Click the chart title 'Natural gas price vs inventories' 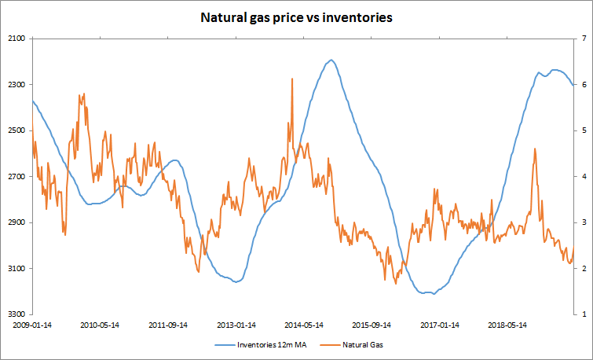pos(296,17)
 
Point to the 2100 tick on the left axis pos(16,39)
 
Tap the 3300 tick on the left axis pos(16,314)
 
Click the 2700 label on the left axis pos(16,177)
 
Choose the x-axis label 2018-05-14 pos(507,324)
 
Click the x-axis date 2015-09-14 pos(372,324)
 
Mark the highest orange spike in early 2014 pos(292,79)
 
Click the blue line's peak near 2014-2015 pos(331,60)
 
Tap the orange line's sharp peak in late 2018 pos(535,149)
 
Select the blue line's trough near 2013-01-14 pos(235,281)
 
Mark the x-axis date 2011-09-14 pos(168,324)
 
